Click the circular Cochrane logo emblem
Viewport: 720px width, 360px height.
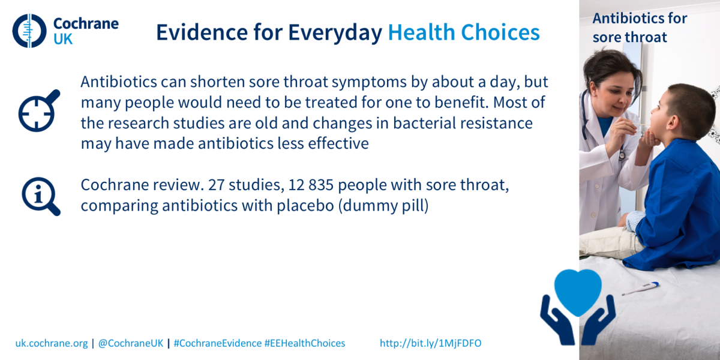pos(29,31)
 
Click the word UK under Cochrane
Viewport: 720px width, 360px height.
pos(63,40)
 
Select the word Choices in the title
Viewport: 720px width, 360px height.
pos(500,32)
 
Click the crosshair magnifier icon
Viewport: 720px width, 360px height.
pos(39,111)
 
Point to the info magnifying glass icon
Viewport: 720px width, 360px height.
pos(41,196)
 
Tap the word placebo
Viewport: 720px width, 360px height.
pos(305,206)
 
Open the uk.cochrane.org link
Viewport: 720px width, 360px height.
pos(52,343)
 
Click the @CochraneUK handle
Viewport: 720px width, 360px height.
pos(131,343)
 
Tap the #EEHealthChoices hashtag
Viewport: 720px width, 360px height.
pos(305,343)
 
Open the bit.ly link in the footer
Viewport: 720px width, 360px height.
pos(431,343)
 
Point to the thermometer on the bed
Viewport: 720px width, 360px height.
pos(640,289)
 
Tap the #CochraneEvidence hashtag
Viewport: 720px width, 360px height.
pos(218,343)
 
